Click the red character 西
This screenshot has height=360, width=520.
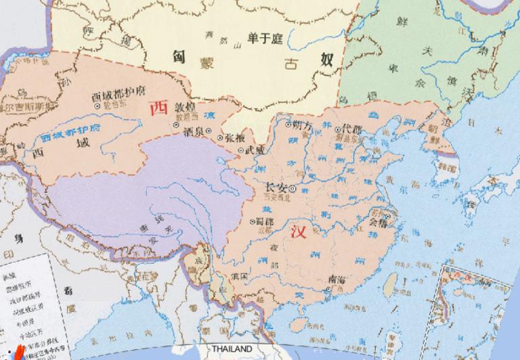click(158, 107)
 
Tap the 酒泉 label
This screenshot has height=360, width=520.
click(192, 133)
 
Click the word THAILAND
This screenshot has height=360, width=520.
click(232, 349)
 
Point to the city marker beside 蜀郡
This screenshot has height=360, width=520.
click(252, 221)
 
